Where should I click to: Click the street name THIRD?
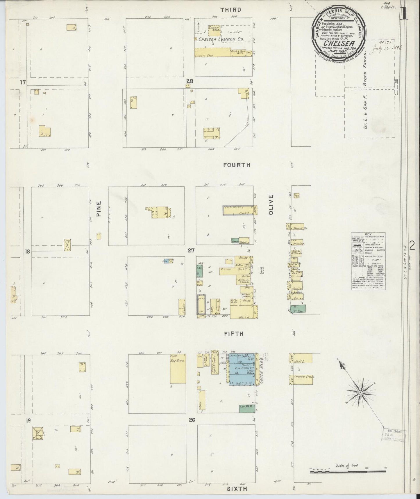tap(235, 10)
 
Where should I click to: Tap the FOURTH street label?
tap(237, 165)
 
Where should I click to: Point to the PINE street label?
tap(99, 209)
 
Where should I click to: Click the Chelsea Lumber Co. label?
tap(221, 39)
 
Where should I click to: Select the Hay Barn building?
tap(178, 371)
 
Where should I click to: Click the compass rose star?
tap(360, 393)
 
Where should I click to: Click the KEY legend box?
tap(368, 260)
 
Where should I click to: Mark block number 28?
tap(190, 81)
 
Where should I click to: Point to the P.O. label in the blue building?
tap(249, 372)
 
